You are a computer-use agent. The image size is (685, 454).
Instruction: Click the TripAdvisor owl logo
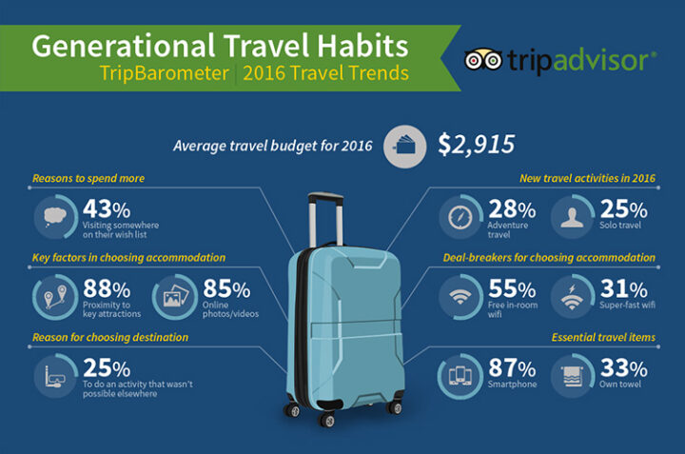point(482,60)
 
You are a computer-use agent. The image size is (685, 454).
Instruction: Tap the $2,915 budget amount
point(477,145)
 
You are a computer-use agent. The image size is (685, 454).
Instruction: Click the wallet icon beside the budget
point(404,147)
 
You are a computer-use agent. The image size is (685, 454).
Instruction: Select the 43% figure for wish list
point(107,208)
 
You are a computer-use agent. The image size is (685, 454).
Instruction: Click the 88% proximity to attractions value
point(107,288)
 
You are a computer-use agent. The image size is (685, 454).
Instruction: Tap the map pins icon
point(55,297)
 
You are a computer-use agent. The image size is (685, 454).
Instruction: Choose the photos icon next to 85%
point(176,296)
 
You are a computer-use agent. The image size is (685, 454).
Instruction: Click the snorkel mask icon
point(54,377)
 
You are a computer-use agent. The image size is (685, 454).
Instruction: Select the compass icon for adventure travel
point(460,217)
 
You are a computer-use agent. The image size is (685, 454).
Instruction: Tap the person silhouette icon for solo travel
point(573,217)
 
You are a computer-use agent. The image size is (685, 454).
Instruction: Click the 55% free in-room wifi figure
point(512,288)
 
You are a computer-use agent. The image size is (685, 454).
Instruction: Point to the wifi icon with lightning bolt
point(573,297)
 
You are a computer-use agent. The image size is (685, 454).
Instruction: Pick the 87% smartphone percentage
point(512,368)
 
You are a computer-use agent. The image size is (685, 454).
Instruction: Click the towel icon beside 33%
point(573,377)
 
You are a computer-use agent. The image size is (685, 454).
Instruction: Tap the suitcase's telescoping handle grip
point(325,197)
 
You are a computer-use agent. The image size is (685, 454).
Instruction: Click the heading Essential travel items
point(603,337)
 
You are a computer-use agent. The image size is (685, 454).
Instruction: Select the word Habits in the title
point(362,46)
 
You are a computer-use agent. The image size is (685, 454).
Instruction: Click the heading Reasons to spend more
point(88,178)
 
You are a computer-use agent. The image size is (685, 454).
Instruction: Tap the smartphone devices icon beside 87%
point(460,376)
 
